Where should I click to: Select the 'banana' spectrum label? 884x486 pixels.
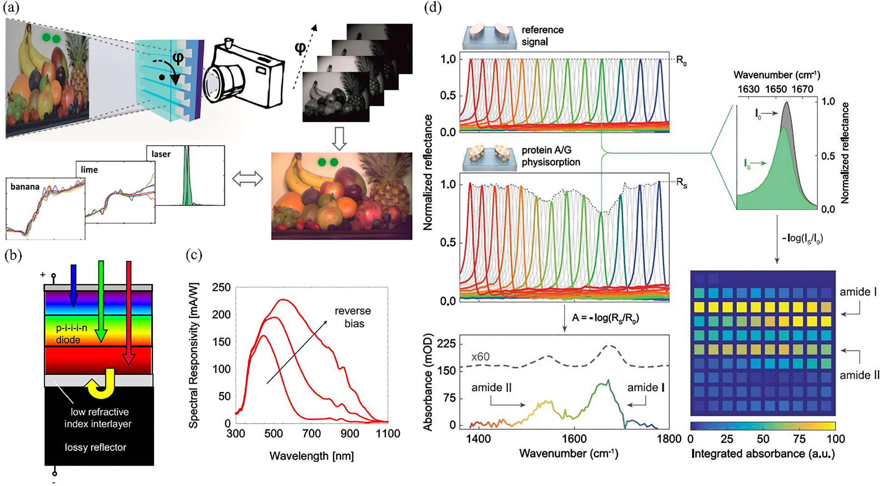(25, 187)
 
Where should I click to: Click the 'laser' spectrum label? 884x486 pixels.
(161, 154)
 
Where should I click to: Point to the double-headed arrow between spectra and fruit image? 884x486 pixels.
(248, 179)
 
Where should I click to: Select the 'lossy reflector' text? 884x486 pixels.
(96, 447)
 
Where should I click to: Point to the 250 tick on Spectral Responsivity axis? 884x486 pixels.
(222, 288)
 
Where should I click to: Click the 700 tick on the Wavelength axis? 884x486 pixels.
(312, 434)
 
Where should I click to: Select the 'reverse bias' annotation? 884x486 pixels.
(353, 317)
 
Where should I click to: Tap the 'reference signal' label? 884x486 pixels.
(542, 35)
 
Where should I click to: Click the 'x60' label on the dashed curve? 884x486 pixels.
(480, 356)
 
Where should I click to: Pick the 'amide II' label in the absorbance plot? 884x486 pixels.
(491, 387)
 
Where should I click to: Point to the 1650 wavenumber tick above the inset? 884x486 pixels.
(776, 89)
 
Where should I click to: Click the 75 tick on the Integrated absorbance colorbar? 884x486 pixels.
(799, 439)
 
